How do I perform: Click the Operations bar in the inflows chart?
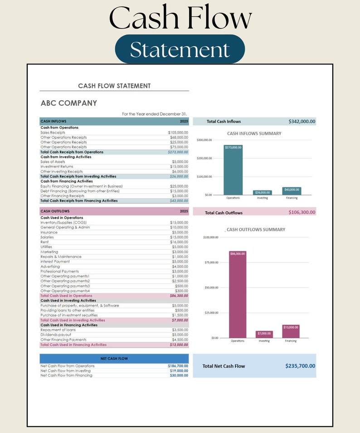coord(233,170)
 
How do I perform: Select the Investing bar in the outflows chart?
coord(264,334)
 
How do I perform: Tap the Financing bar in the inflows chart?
coord(292,191)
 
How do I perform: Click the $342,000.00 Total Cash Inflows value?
coord(302,122)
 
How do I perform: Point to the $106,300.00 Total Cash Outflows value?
coord(302,212)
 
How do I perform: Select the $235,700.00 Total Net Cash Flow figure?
coord(300,366)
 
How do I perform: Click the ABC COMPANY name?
coord(69,103)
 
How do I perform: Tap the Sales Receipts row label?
coord(53,132)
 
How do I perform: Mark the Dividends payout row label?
coord(56,335)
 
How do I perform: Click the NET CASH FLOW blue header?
coord(114,358)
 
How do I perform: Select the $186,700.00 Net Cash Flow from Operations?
coord(178,366)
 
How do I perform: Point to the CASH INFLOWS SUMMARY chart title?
coord(254,134)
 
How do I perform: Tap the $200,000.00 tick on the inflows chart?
coord(204,158)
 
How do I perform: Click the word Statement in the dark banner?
coord(180,49)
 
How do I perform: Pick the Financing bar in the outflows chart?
coord(291,331)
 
